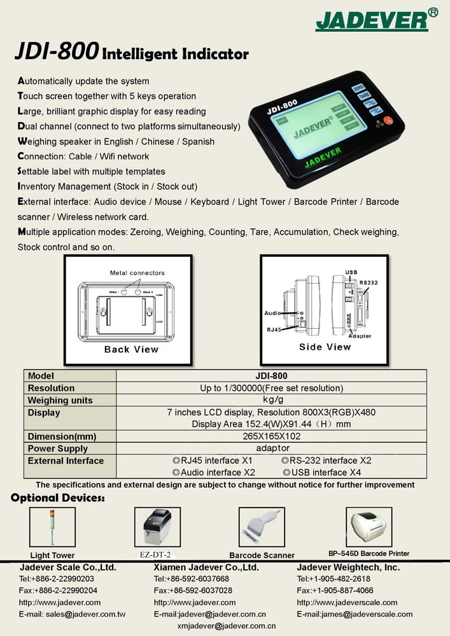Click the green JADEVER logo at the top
tap(372, 20)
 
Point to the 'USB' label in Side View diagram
tap(351, 272)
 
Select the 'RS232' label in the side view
tap(369, 282)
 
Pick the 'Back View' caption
tap(131, 349)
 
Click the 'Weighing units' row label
tap(60, 400)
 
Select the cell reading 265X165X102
tap(271, 436)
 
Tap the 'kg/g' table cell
tap(271, 400)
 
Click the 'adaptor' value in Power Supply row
tap(271, 448)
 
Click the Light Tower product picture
tap(49, 527)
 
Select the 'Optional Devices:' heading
tap(58, 498)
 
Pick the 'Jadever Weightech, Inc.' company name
tap(348, 567)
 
